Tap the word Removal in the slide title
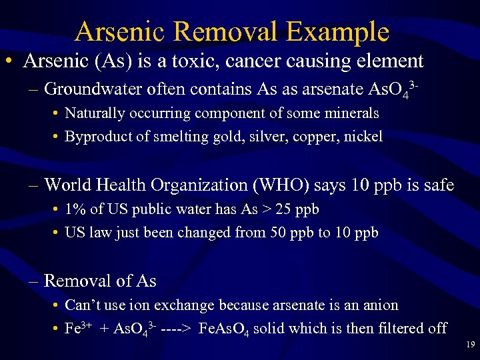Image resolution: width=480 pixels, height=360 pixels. coord(227,31)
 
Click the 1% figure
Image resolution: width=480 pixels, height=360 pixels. coord(75,209)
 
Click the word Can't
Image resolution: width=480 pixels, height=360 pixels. coord(83,305)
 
